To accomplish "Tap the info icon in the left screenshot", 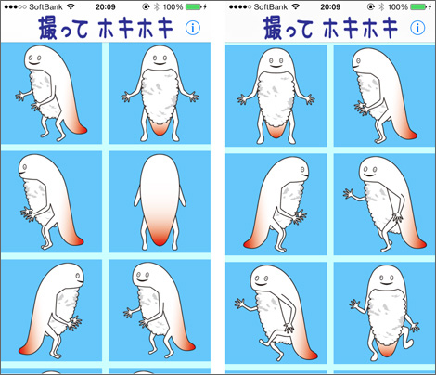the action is pos(193,28).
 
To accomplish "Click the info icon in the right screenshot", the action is pos(417,28).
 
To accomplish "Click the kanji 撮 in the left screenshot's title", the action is pos(48,29).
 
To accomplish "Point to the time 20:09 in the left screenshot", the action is pos(105,6).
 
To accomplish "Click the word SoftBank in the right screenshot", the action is pos(271,6).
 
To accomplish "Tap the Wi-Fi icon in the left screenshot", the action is pos(71,6).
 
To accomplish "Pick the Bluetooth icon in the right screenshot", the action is pos(381,6).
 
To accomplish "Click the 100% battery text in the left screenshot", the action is pos(173,6).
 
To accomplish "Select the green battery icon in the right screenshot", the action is pos(419,6).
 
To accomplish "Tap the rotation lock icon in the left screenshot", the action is pos(146,6).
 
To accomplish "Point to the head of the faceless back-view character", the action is pos(160,169).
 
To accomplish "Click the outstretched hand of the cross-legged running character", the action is pos(240,303).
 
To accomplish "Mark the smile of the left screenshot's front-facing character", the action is pos(160,63).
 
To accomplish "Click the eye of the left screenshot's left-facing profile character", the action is pos(24,167).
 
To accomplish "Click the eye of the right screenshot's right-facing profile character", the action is pos(302,170).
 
